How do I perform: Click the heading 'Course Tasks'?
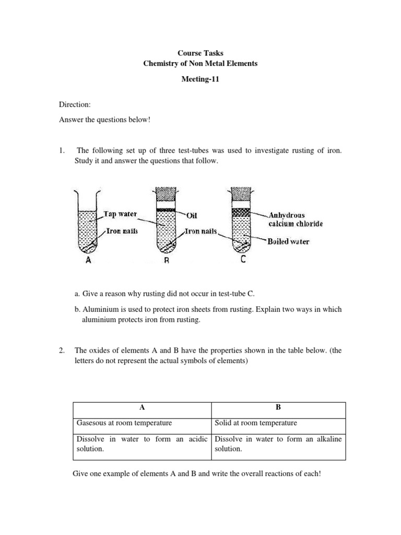tap(200, 53)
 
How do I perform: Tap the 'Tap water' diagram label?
tap(120, 214)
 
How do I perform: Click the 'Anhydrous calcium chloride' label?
tap(296, 219)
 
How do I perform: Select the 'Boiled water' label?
tap(288, 241)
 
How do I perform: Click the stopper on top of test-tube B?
tap(165, 194)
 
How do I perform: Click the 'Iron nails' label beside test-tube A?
tap(122, 231)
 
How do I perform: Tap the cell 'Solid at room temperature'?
tap(256, 423)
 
